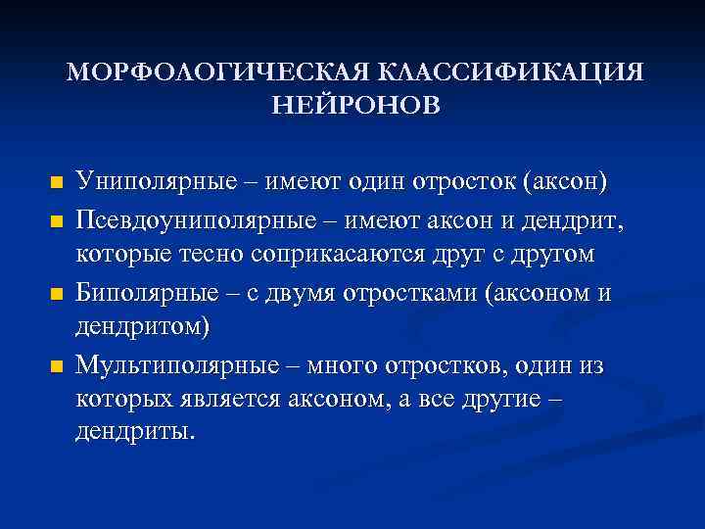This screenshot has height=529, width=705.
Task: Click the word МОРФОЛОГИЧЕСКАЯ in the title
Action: point(216,73)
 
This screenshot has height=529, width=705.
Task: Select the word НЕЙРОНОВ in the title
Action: point(355,104)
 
